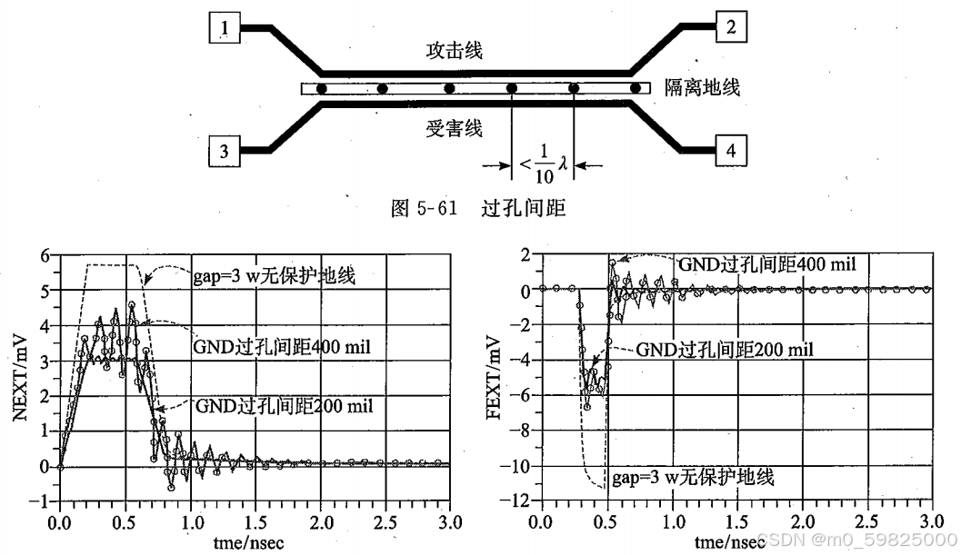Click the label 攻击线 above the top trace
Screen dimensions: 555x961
tap(454, 51)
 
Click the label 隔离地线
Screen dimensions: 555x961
tap(702, 88)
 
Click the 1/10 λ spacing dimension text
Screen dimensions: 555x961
tap(543, 164)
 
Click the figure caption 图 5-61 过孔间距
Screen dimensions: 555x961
tap(477, 208)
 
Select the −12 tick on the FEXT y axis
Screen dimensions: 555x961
tap(520, 501)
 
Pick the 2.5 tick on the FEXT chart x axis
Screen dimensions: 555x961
tap(866, 524)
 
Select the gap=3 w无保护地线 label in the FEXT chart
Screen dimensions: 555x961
tap(693, 477)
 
